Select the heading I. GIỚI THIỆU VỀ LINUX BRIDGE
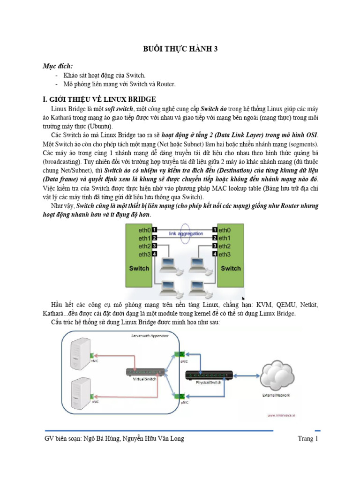tap(99, 99)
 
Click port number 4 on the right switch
tap(215, 254)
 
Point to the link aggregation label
tap(186, 233)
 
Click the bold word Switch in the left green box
tap(139, 269)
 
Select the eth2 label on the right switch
tap(225, 246)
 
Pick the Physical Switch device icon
tap(209, 374)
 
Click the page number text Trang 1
tap(308, 439)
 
